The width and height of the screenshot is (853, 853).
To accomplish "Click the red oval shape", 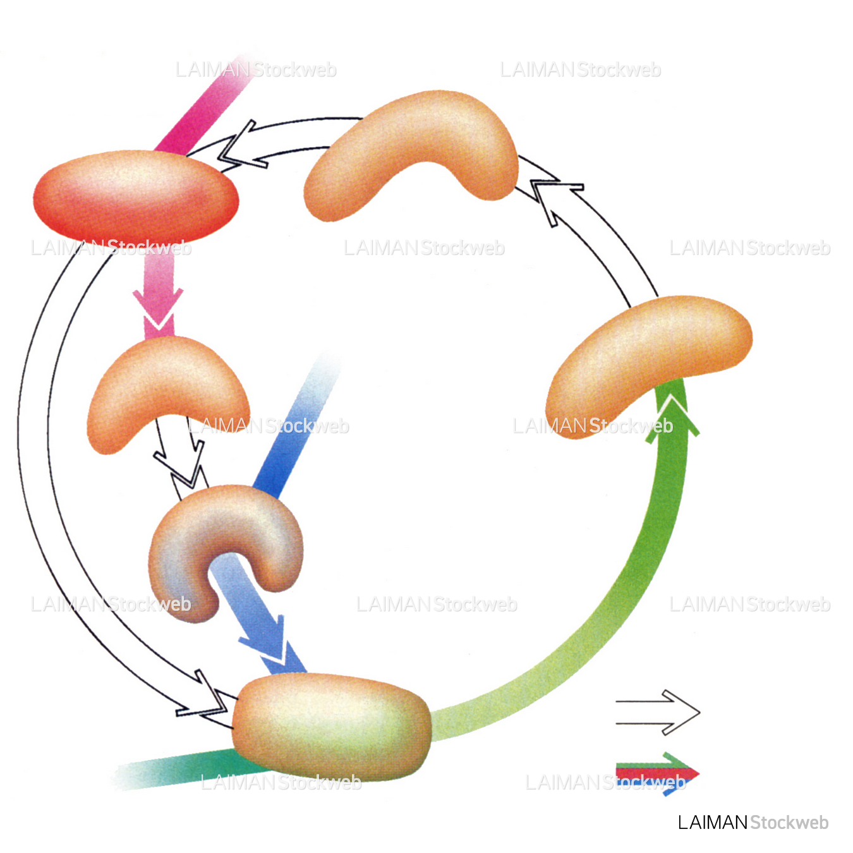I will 136,197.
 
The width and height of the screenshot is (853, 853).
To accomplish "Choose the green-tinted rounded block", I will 332,727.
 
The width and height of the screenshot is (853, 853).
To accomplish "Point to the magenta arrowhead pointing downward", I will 158,310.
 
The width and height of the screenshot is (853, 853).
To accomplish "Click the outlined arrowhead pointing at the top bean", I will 553,196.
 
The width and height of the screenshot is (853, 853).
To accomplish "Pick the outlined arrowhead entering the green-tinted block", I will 205,698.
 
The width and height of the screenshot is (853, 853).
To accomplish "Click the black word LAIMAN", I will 713,822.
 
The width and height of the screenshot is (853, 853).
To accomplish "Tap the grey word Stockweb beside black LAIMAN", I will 789,822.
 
